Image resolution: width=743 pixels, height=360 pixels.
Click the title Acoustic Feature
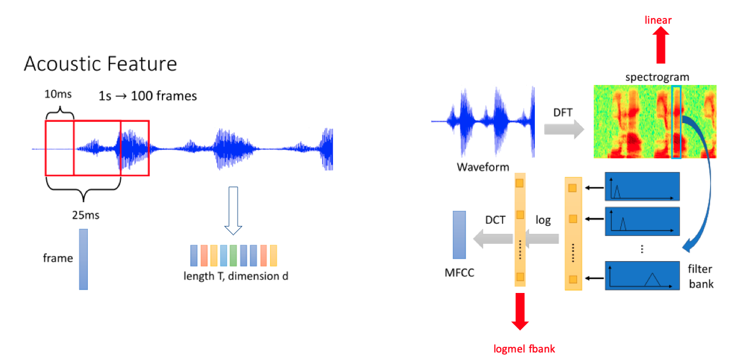[101, 64]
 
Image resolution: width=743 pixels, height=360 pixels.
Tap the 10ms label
[58, 94]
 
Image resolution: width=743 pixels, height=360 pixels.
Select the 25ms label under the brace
[86, 215]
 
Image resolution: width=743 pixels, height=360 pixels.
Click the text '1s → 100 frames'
[147, 96]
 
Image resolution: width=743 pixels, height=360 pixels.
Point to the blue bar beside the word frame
[84, 259]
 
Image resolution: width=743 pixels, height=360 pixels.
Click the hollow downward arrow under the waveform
[233, 211]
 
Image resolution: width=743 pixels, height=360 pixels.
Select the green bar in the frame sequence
[233, 255]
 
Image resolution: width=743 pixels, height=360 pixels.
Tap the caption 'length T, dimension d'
[236, 276]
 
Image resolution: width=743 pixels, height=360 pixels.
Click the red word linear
[658, 20]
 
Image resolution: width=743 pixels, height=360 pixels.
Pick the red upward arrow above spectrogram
[661, 44]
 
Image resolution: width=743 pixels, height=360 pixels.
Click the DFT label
[563, 113]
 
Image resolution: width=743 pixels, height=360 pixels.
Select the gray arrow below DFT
[564, 129]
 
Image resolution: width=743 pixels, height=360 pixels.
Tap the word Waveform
[483, 167]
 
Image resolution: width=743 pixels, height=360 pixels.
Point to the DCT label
[495, 220]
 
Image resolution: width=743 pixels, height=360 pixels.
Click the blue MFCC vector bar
[460, 235]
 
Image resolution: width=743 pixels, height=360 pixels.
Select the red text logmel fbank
[524, 348]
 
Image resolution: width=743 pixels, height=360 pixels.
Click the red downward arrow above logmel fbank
[520, 311]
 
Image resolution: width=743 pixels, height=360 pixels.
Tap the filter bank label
[701, 276]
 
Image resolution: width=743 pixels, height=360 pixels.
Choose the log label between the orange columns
[543, 220]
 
